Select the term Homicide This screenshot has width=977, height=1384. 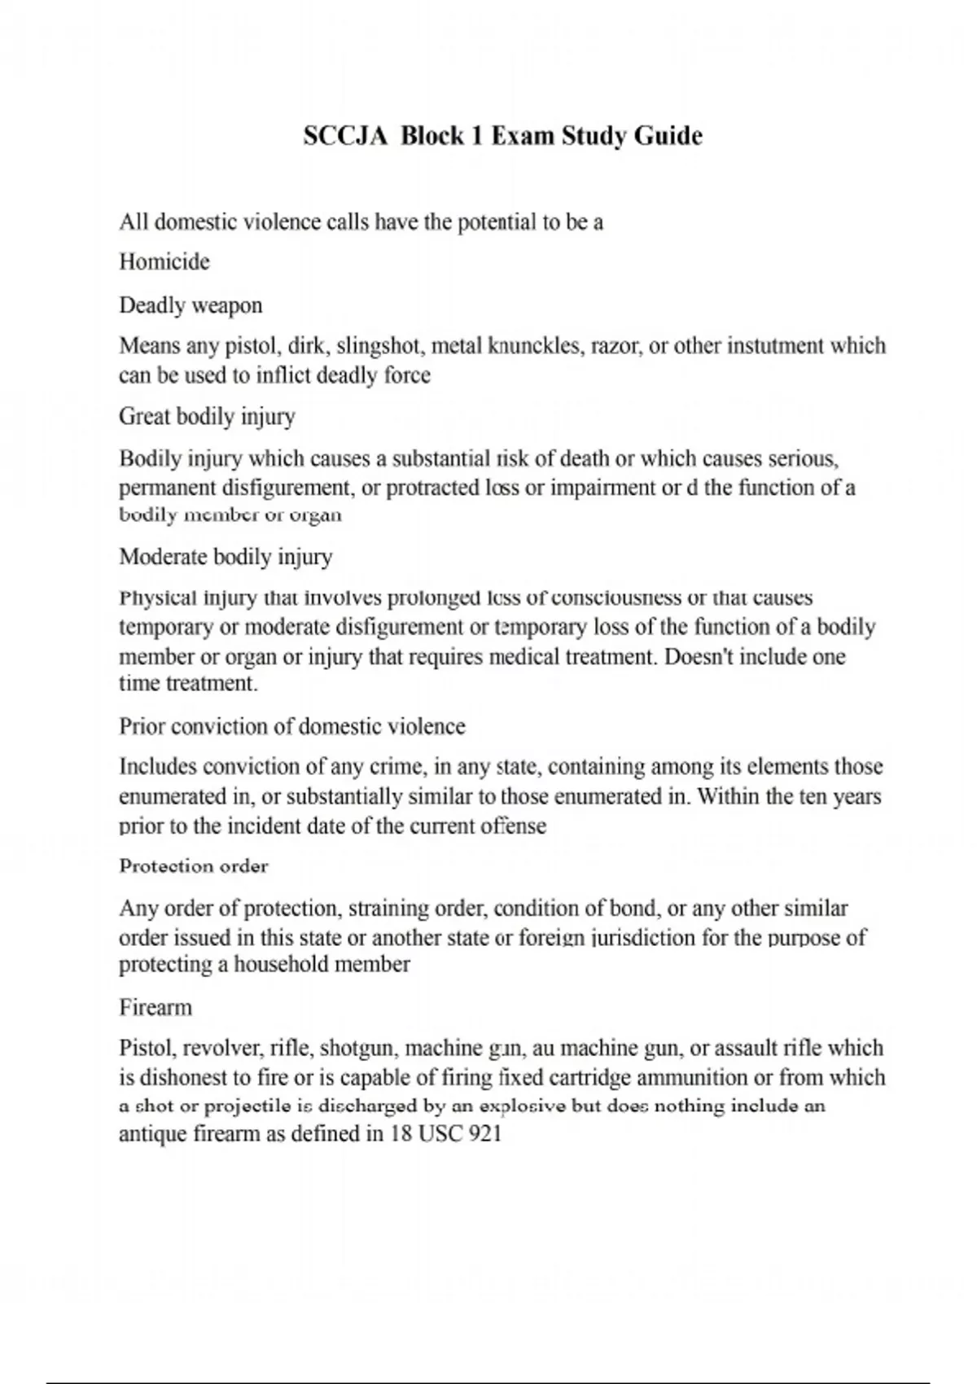(164, 262)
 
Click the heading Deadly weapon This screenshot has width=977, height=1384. (191, 305)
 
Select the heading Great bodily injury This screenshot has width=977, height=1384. (207, 417)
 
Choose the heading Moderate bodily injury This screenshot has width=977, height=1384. (226, 557)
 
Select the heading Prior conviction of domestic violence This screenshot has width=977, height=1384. (292, 726)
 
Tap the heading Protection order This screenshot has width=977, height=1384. (194, 866)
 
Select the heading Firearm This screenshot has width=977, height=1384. (156, 1008)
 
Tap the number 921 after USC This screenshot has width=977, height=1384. (486, 1134)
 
